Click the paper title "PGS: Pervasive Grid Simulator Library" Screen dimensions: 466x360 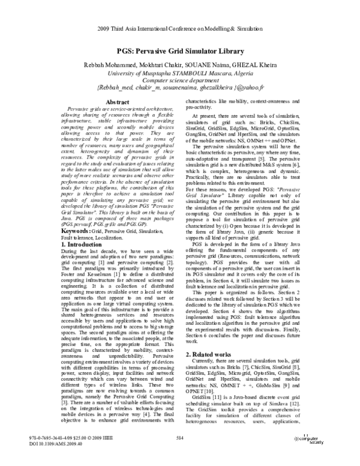(179, 52)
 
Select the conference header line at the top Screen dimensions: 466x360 (180, 28)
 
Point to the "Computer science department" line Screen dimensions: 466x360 (179, 79)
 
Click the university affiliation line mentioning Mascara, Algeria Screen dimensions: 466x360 (179, 72)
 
